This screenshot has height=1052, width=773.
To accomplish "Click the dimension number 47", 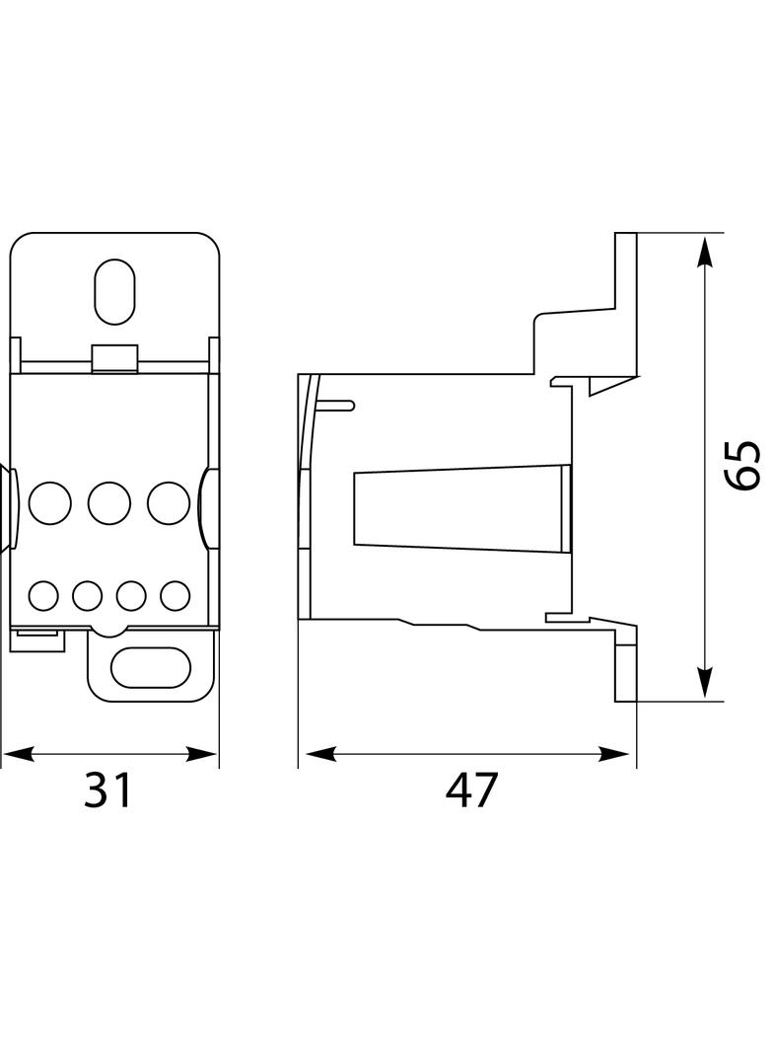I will (472, 790).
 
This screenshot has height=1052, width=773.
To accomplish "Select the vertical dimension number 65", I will (741, 465).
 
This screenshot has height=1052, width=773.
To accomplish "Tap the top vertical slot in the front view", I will (114, 291).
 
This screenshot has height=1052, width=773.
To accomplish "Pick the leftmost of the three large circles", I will (50, 503).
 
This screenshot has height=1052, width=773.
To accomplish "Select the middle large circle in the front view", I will (109, 503).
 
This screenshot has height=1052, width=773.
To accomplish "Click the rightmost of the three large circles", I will (169, 503).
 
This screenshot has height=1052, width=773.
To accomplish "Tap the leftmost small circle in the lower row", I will (43, 595).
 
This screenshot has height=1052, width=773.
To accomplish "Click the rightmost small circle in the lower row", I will (175, 595).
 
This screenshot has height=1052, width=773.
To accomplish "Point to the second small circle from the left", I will (88, 595).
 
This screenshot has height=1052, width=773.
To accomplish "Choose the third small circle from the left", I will (131, 595).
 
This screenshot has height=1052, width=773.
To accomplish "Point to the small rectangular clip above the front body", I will (114, 358).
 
